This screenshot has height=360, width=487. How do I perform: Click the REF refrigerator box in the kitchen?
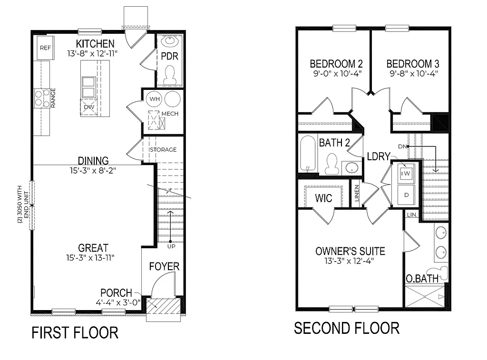pos(45,48)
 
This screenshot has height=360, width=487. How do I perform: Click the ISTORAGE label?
pos(163,150)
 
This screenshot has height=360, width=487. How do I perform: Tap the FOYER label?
pos(164,266)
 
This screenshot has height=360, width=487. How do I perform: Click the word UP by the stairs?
pos(170,246)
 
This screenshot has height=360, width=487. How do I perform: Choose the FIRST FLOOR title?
pos(75,332)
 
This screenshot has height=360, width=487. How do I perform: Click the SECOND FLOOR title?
pos(346,328)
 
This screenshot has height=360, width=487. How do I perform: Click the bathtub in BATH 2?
pos(308,154)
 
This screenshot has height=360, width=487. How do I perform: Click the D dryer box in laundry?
pos(407,195)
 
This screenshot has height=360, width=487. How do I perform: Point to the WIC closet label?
pos(323,198)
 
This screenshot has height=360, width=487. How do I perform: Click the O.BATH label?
pos(422,279)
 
